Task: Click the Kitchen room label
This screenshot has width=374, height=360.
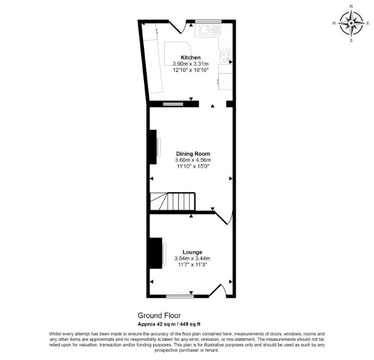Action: click(190, 57)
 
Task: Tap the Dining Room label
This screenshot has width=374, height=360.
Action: click(193, 154)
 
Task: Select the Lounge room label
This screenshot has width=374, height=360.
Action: click(193, 252)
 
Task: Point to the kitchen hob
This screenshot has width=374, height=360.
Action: click(226, 56)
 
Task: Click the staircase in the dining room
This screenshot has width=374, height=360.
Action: click(172, 201)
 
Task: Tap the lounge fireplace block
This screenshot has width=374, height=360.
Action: click(156, 253)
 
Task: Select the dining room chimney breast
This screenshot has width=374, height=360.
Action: click(153, 147)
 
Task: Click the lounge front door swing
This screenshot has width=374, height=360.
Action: click(218, 290)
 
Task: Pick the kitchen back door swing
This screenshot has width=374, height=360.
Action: click(178, 27)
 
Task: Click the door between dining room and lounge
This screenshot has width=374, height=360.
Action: click(224, 217)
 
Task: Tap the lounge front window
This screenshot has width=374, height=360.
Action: click(180, 296)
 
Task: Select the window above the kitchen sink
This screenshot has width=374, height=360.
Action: click(208, 21)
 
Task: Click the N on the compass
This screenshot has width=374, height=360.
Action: click(351, 7)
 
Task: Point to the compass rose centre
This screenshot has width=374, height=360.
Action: click(351, 23)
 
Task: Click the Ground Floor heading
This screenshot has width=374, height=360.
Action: click(159, 315)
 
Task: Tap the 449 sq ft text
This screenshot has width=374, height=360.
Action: click(190, 324)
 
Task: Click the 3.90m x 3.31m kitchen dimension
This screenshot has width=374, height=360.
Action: click(190, 64)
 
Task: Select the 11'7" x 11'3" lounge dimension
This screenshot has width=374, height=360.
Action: click(193, 265)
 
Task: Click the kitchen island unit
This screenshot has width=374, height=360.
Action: click(178, 54)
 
